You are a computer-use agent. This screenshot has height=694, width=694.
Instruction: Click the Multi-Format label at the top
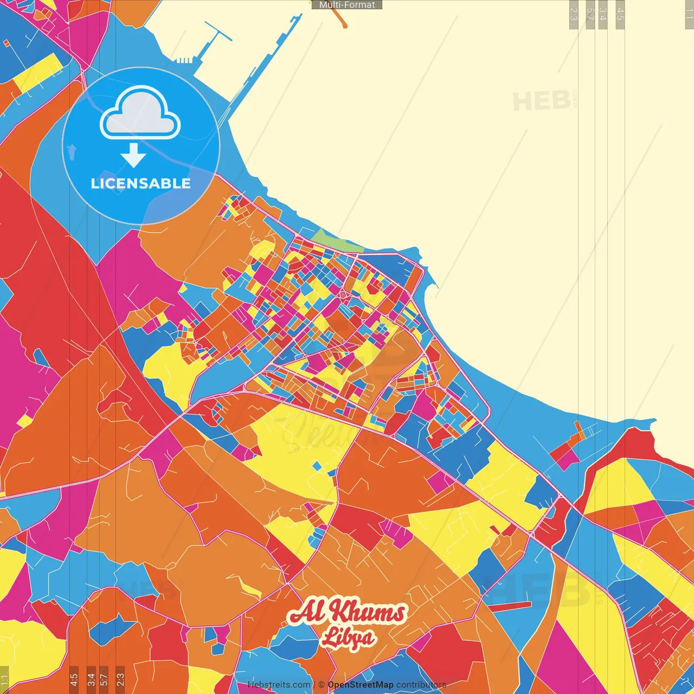347,5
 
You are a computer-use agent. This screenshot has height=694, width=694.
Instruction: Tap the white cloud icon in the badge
140,113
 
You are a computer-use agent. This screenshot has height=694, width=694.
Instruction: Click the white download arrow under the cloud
133,156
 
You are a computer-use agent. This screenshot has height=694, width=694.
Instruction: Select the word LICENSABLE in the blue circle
141,184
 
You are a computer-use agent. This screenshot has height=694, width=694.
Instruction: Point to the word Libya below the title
348,638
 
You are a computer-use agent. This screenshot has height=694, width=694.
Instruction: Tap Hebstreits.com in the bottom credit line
279,685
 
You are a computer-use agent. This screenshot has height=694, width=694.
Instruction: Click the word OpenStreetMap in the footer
361,685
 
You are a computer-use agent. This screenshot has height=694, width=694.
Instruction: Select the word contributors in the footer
421,685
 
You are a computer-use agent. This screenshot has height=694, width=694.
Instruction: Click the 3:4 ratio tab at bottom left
91,679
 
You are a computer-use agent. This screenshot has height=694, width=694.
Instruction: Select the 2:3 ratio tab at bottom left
120,679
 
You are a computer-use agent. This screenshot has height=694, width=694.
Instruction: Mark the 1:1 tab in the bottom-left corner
4,680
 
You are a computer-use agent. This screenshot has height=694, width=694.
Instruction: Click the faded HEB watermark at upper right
541,101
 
